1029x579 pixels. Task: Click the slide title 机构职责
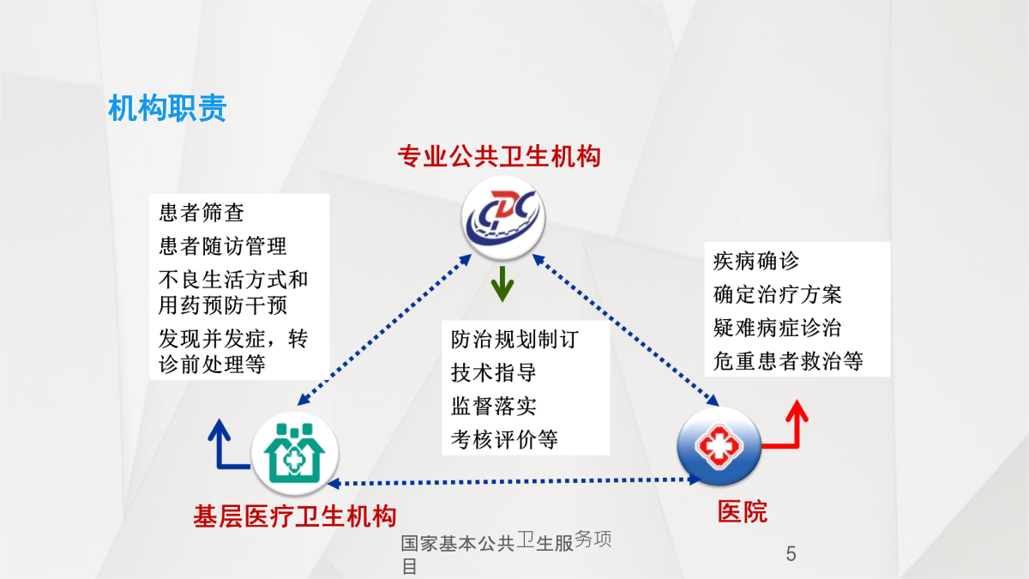[167, 108]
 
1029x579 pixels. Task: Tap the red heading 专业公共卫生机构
[499, 156]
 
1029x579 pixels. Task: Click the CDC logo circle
[503, 217]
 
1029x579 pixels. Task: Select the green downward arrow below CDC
[502, 284]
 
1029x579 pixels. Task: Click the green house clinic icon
[295, 453]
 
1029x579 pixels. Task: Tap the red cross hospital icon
[719, 445]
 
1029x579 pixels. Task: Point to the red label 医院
[743, 512]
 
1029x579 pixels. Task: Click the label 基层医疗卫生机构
[295, 516]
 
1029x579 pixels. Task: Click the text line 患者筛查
[202, 213]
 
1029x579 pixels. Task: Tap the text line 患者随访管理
[223, 246]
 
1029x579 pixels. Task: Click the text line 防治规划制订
[515, 340]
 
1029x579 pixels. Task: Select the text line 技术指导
[493, 372]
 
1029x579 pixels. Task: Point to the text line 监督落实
[493, 407]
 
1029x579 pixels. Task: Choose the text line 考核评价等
[504, 440]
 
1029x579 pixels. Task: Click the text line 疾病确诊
[756, 261]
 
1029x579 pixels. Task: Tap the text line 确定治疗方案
[778, 294]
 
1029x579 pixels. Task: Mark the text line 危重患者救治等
[788, 361]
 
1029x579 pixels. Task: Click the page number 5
[791, 554]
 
